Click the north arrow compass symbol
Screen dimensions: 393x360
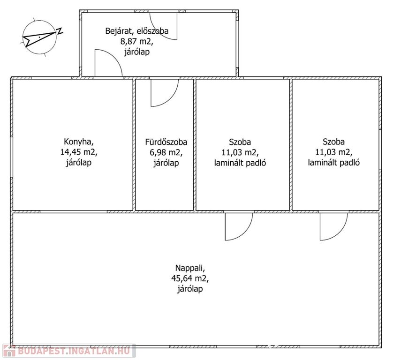coord(39,37)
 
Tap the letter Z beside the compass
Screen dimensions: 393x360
coord(60,30)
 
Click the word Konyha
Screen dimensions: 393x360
coord(79,142)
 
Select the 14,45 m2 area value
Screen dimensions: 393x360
coord(79,152)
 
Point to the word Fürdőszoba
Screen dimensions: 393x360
coord(166,142)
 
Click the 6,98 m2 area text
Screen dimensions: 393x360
coord(166,152)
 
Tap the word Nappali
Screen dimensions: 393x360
coord(190,268)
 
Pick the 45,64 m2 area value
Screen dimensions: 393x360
coord(190,278)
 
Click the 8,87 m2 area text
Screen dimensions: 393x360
coord(136,41)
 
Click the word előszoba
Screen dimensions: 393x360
coord(152,31)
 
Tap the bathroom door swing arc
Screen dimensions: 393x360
coord(170,99)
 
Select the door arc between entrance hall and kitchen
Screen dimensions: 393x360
coord(114,57)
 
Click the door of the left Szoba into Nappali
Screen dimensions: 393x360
coord(245,233)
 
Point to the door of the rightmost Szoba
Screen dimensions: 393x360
coord(340,233)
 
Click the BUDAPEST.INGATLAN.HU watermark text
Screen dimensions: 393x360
coord(74,351)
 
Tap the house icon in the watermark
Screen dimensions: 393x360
coord(9,351)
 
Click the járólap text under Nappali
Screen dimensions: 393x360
coord(190,289)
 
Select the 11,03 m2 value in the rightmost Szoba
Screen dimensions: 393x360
coord(334,152)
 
